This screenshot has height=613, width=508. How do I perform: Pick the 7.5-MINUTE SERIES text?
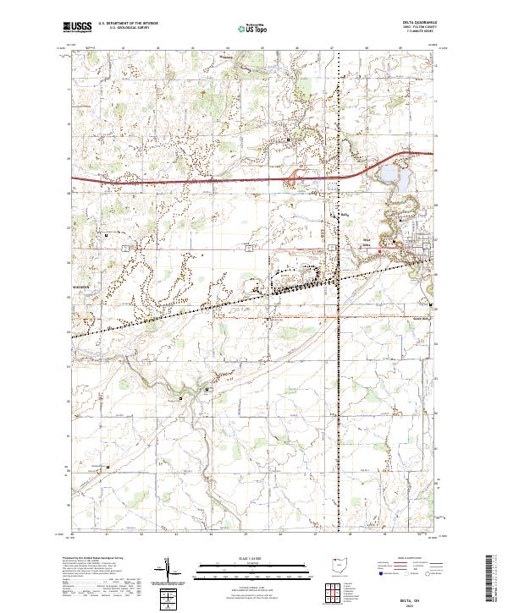click(418, 33)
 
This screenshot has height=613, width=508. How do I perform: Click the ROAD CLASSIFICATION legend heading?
click(411, 559)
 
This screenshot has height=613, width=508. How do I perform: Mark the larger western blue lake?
click(389, 175)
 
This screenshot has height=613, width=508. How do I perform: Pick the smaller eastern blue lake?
click(405, 180)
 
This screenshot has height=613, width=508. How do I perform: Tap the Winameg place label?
click(225, 58)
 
